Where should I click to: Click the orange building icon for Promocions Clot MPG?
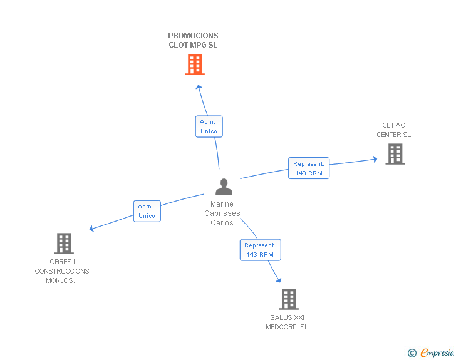[x=195, y=64]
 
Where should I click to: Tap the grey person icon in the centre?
[x=224, y=187]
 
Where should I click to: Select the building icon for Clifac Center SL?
[x=395, y=154]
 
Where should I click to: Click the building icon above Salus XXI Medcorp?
[x=289, y=299]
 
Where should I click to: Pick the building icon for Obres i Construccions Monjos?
[x=64, y=244]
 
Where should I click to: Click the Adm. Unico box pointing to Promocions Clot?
[x=209, y=126]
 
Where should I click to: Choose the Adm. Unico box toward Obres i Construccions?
[x=147, y=211]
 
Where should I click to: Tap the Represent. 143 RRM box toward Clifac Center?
[x=309, y=168]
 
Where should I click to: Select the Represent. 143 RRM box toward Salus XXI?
[x=261, y=250]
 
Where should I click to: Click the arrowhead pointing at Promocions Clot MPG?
[x=199, y=87]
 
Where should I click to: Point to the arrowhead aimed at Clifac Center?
[x=375, y=159]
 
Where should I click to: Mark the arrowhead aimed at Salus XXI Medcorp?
[x=279, y=280]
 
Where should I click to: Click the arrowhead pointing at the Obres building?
[x=91, y=229]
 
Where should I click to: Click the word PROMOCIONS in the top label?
[x=193, y=36]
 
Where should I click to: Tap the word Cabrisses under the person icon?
[x=222, y=213]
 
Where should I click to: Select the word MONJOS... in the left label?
[x=62, y=280]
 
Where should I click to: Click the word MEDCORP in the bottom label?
[x=281, y=327]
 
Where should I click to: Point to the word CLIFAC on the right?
[x=393, y=125]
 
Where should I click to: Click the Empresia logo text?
[x=437, y=352]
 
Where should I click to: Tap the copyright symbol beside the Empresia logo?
[x=412, y=353]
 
